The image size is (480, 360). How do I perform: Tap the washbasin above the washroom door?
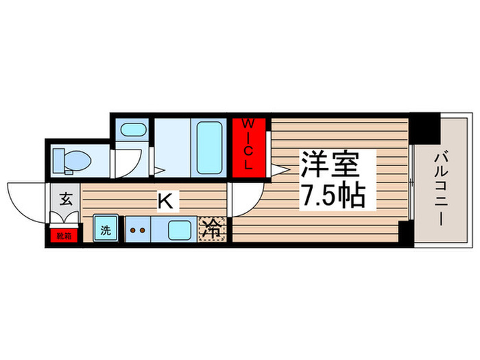pos(131,130)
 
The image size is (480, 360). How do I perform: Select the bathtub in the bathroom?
pos(210,147)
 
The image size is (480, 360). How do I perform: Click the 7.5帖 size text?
pos(335,198)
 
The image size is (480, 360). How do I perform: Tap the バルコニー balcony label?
pos(441,185)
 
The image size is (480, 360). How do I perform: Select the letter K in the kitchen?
pos(165,201)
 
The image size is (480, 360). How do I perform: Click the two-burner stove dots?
pos(138,230)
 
